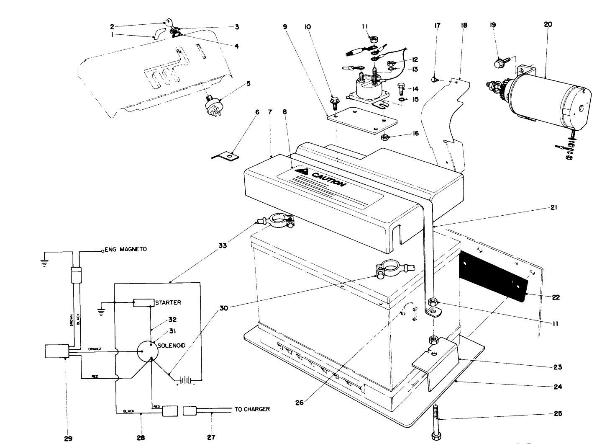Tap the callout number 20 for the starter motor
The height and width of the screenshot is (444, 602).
[548, 25]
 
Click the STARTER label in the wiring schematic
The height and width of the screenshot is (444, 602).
[168, 302]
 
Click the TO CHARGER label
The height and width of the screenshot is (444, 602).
[252, 409]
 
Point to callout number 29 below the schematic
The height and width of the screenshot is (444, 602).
[68, 438]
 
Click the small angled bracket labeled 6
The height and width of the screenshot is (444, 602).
[226, 156]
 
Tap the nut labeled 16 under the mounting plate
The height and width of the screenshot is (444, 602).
[385, 137]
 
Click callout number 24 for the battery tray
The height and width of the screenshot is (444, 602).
[558, 387]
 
